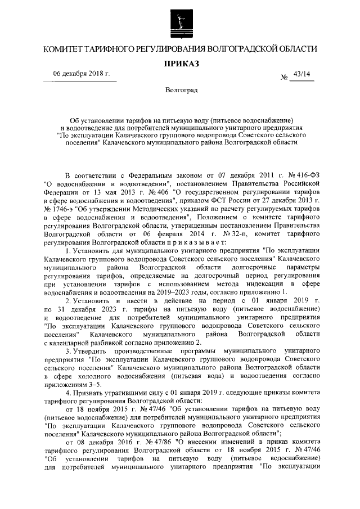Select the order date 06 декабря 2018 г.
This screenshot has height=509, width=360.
point(82,75)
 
